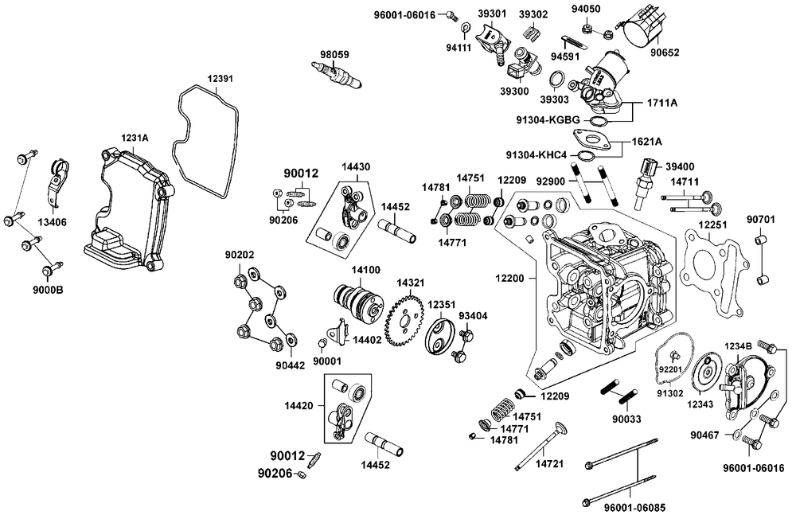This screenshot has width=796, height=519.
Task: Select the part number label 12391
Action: (220, 79)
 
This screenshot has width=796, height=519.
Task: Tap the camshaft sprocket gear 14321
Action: (406, 321)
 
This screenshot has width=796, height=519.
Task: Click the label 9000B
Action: (49, 291)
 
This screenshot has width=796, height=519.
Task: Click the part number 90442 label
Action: (290, 365)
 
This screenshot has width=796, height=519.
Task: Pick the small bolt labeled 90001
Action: (321, 344)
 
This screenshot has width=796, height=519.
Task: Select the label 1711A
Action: (662, 103)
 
